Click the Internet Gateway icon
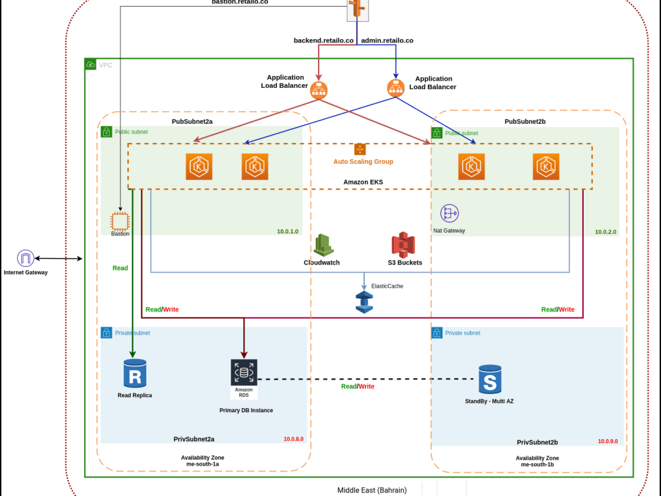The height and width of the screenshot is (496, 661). tap(25, 258)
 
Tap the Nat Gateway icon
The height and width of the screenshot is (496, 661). tap(449, 213)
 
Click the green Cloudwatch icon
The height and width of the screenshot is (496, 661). tap(325, 245)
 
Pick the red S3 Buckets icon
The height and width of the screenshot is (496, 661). tap(403, 245)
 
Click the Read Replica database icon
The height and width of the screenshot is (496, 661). tap(135, 374)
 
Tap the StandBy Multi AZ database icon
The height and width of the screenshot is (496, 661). tap(489, 379)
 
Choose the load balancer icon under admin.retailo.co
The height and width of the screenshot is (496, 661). tap(395, 88)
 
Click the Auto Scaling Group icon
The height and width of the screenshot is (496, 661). tap(360, 149)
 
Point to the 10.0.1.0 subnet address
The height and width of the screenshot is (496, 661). tap(288, 231)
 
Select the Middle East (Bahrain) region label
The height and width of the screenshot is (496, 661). tap(372, 490)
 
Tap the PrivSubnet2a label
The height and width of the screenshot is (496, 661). tap(194, 438)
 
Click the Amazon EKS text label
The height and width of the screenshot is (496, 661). tap(363, 182)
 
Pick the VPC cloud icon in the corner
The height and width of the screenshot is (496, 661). tap(91, 65)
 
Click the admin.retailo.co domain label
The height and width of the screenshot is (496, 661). tap(387, 40)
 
